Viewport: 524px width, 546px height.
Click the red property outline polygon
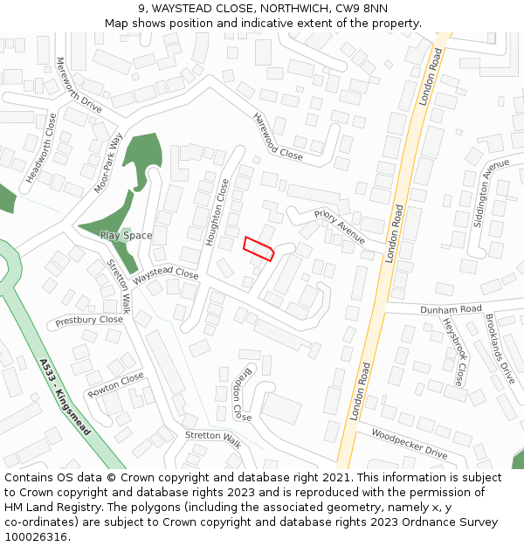pos(259,248)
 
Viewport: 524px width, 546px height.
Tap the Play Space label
pos(126,236)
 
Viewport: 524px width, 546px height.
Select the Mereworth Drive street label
pos(79,86)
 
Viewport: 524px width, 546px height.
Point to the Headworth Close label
pos(41,148)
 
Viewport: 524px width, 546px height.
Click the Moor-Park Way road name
pos(109,162)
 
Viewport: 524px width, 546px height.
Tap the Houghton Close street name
pos(217,212)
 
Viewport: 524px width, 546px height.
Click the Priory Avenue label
pos(340,225)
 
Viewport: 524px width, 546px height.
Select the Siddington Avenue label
pos(491,192)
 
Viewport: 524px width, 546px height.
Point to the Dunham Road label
pos(451,309)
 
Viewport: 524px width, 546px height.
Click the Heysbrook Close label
pos(452,350)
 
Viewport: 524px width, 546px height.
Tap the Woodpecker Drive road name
pos(409,444)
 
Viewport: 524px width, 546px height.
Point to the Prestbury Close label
pos(89,321)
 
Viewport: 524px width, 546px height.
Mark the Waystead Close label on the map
pos(166,273)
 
